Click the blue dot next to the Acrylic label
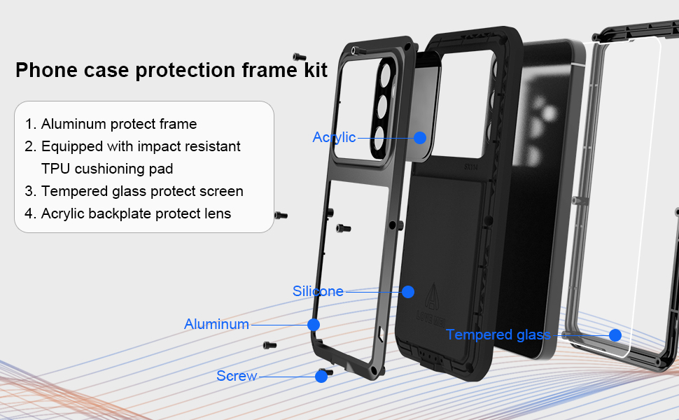(x=419, y=138)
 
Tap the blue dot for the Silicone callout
(x=408, y=292)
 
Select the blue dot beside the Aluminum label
(x=314, y=325)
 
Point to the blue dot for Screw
(x=321, y=377)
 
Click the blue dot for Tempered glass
(x=615, y=335)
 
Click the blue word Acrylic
(x=334, y=138)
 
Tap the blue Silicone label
(x=318, y=291)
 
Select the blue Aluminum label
(x=216, y=324)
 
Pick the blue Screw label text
(x=237, y=376)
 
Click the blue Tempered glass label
(x=498, y=335)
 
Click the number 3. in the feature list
(x=30, y=191)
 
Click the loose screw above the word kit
(x=299, y=57)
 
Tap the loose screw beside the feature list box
(x=281, y=215)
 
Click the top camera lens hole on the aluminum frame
(x=384, y=74)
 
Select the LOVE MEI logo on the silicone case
(x=431, y=304)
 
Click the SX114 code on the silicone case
(x=470, y=167)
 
